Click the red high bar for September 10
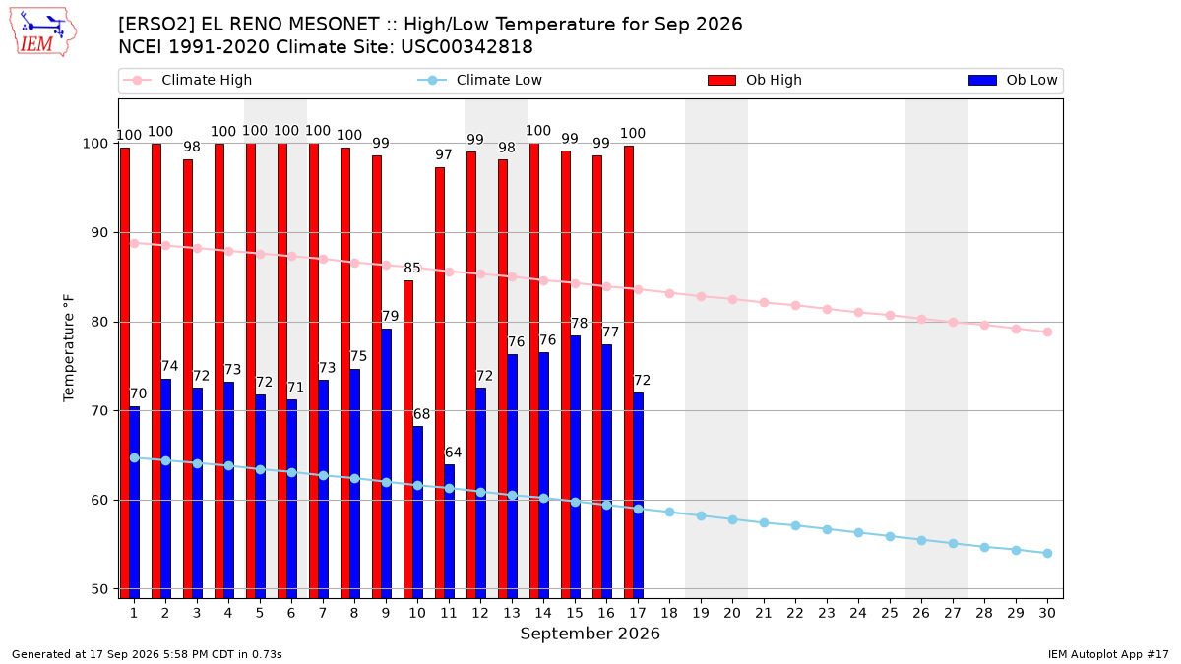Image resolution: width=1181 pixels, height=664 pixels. click(408, 440)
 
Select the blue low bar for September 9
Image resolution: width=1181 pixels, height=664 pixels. click(386, 463)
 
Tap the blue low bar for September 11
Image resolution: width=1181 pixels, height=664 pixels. click(449, 531)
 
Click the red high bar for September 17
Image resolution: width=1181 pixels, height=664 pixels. click(629, 372)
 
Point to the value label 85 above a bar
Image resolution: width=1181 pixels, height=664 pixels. click(412, 268)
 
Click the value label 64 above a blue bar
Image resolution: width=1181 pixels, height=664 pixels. click(453, 453)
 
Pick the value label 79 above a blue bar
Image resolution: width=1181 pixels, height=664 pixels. click(390, 316)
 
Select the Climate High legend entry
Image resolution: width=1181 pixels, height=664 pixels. click(188, 80)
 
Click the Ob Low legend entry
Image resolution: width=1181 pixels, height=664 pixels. click(1013, 80)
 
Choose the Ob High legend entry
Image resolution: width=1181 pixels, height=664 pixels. click(755, 80)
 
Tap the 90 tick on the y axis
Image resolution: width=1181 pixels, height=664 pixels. click(96, 232)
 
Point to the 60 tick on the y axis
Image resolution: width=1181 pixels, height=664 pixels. click(96, 500)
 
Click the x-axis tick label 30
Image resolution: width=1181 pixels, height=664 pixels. click(1047, 613)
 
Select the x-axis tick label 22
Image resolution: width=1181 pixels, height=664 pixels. click(795, 613)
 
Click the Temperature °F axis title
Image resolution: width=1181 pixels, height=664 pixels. click(69, 348)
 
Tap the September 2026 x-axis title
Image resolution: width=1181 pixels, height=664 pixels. click(590, 634)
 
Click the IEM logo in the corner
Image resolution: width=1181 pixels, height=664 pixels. click(42, 32)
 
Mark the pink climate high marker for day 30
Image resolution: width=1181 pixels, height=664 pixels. click(1047, 332)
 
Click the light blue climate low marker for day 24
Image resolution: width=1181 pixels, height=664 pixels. click(858, 533)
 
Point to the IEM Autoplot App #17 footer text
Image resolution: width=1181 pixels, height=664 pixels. click(1108, 654)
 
